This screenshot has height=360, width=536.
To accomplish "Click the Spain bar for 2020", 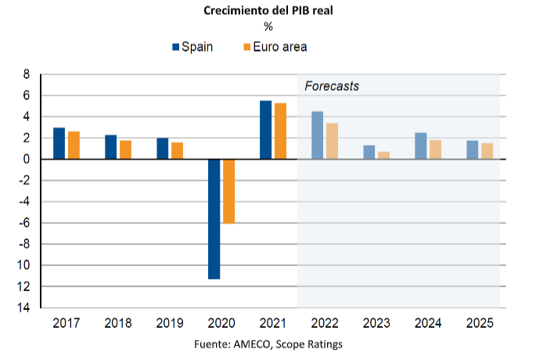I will (x=214, y=219).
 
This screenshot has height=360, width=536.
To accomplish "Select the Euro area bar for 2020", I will (x=228, y=191).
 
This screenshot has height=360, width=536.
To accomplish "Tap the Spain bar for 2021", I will (x=265, y=130).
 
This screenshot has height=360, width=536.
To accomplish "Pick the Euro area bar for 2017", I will (x=74, y=146).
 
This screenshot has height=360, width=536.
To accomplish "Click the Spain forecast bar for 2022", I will (x=317, y=135).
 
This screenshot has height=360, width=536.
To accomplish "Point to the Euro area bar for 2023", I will (x=383, y=155).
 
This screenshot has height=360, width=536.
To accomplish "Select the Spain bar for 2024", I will (x=421, y=146).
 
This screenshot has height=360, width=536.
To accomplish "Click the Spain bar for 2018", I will (x=111, y=147).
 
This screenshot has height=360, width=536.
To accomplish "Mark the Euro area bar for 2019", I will (x=177, y=150).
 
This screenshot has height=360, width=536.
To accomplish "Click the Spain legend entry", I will (x=193, y=47).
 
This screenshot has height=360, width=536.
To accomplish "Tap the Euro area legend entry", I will (x=274, y=47).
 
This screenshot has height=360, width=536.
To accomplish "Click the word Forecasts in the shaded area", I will (x=331, y=86).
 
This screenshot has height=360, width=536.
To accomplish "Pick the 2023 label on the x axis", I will (x=376, y=322).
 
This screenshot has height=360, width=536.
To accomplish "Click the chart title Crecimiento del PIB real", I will (x=268, y=10).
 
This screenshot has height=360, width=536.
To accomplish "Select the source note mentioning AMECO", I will (x=268, y=344).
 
